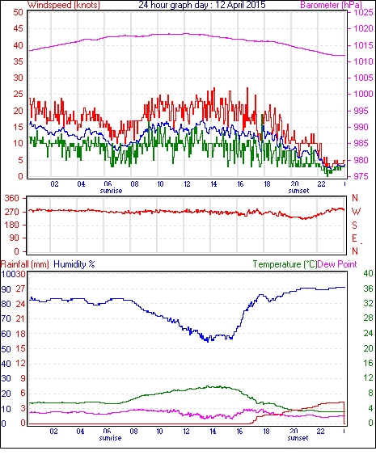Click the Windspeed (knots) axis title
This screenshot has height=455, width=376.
pos(64,5)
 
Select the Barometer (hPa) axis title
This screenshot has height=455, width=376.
pos(332,5)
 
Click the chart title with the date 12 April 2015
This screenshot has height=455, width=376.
pos(202,5)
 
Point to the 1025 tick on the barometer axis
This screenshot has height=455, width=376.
pos(363,12)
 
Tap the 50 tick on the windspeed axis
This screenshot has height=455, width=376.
pos(18,12)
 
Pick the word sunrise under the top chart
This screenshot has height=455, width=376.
pos(111,191)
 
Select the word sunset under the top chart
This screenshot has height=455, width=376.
pos(298,191)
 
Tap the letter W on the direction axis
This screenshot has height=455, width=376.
pos(356,212)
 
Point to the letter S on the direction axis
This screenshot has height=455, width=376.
pos(354,225)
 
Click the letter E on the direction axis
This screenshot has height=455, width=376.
pos(354,238)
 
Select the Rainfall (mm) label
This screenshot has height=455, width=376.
pos(25,264)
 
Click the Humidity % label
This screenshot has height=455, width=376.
pos(74,264)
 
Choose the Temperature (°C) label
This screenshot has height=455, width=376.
pos(285,264)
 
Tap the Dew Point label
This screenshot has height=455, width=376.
pos(337,264)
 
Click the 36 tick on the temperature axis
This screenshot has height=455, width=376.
pos(368,289)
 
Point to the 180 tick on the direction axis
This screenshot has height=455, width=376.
pos(11,225)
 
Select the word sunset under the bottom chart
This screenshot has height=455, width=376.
pos(298,437)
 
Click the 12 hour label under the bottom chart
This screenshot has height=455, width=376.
pos(186,432)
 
